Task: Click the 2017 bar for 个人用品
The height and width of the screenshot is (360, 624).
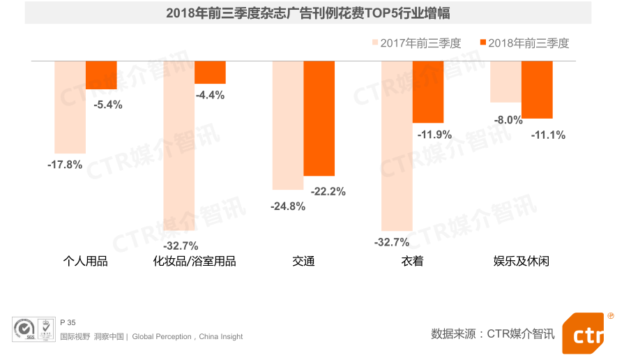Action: (x=70, y=107)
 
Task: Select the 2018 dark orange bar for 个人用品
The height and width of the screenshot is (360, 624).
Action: (x=101, y=75)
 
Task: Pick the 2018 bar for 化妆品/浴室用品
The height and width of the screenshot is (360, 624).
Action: (x=210, y=73)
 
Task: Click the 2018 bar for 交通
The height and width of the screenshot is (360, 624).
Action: (x=319, y=119)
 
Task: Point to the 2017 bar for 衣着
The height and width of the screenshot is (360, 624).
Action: (x=397, y=145)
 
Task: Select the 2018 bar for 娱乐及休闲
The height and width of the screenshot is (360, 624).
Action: (x=537, y=89)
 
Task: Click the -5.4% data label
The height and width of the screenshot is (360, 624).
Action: (x=107, y=105)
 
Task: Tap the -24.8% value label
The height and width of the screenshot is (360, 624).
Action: (x=287, y=206)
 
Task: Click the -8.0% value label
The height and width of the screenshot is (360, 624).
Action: (x=508, y=120)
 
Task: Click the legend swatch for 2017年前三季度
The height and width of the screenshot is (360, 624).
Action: (x=374, y=43)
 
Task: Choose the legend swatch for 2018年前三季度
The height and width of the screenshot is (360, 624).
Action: (x=482, y=43)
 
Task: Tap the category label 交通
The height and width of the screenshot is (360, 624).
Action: (x=303, y=262)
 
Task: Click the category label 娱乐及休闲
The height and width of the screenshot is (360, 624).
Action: (x=521, y=262)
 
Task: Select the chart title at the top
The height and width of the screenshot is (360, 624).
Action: (x=307, y=13)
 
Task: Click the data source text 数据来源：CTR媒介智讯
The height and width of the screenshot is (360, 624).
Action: (x=493, y=333)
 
